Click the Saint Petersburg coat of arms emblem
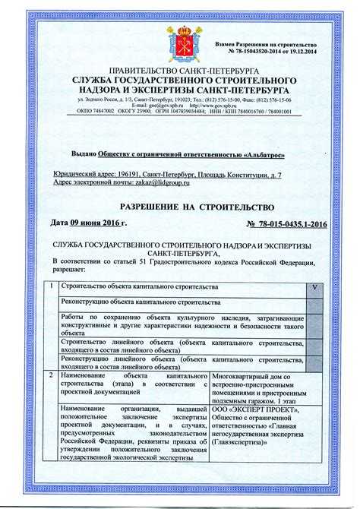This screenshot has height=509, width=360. [180, 40]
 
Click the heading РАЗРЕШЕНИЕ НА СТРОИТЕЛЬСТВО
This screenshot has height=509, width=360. [180, 207]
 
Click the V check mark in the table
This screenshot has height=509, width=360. [314, 289]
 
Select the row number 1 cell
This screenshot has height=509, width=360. [49, 289]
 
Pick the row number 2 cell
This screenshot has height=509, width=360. [49, 375]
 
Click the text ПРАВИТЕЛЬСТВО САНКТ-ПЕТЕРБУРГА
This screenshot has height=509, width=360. [180, 70]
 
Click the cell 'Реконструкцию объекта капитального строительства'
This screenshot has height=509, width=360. [135, 302]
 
